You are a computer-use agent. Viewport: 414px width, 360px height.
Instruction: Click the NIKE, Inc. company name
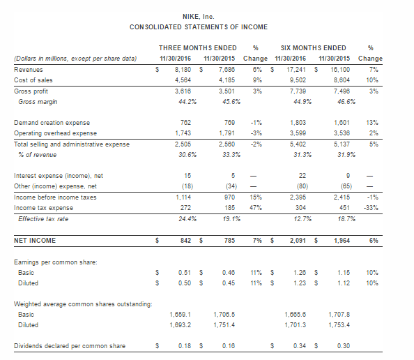(x=198, y=17)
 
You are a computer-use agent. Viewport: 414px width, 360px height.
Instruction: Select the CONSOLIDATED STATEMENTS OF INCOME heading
(x=199, y=27)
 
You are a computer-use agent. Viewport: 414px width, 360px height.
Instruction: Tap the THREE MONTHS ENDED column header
(x=198, y=48)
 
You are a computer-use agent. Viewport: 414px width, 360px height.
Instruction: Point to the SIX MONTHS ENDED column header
(x=314, y=48)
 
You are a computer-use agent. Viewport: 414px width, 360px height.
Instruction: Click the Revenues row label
(x=29, y=70)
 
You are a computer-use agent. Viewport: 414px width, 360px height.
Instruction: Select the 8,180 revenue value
(x=183, y=70)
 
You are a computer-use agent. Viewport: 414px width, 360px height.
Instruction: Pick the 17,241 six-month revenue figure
(x=296, y=70)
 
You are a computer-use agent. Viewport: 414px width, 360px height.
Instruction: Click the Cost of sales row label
(x=33, y=80)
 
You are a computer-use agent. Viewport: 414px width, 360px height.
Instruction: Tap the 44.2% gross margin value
(x=187, y=102)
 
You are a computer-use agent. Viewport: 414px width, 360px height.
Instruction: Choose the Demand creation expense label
(x=52, y=123)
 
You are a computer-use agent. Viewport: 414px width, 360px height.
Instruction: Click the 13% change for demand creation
(x=372, y=123)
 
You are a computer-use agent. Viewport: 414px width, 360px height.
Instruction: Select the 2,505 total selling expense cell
(x=183, y=144)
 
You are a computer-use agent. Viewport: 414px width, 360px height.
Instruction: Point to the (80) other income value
(x=302, y=186)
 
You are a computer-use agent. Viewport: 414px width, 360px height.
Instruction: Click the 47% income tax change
(x=256, y=208)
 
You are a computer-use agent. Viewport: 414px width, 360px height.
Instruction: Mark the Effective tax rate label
(x=43, y=219)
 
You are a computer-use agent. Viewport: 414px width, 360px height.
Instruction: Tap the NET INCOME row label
(x=35, y=241)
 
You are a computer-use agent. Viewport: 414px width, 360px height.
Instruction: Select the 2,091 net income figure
(x=298, y=241)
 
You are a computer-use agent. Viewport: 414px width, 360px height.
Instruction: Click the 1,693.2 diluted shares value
(x=180, y=325)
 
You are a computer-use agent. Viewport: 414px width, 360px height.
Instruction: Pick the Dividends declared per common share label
(x=70, y=346)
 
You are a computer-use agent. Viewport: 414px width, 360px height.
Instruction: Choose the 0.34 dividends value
(x=300, y=346)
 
